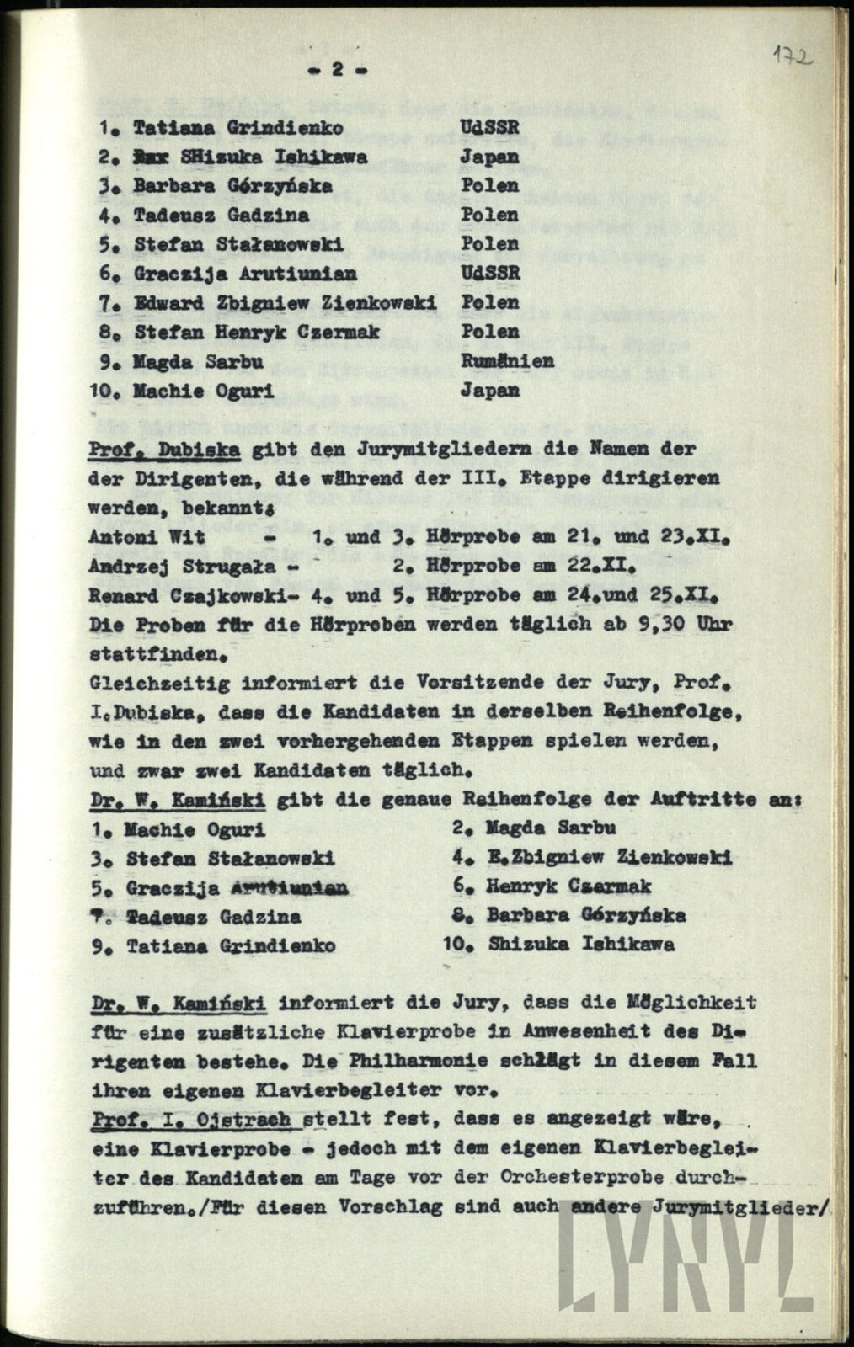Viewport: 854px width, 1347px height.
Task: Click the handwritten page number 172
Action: [x=792, y=56]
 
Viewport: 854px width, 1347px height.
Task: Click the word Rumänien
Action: [x=506, y=361]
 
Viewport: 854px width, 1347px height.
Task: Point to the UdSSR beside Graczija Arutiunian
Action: [x=490, y=273]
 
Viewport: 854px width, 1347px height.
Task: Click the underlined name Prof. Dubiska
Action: [x=165, y=449]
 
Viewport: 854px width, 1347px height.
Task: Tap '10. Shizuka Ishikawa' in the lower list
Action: [x=558, y=945]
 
